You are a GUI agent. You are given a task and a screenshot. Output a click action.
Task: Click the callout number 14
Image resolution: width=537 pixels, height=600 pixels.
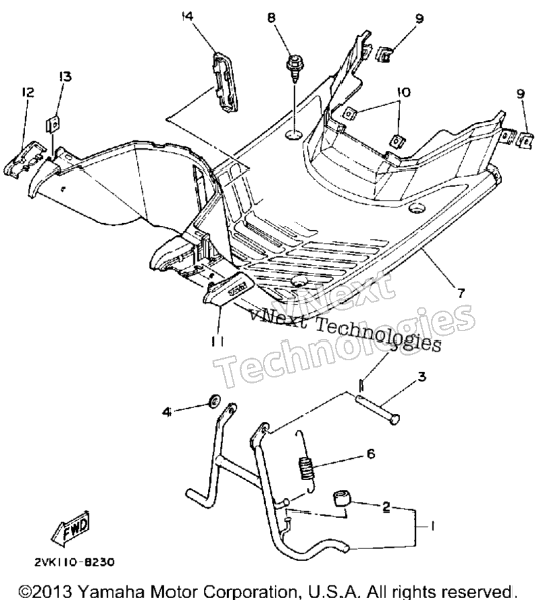pos(187,17)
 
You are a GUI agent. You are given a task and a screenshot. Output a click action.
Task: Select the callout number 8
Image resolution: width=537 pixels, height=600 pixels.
pos(271,18)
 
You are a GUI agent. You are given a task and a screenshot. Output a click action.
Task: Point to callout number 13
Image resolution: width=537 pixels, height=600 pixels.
pos(65,77)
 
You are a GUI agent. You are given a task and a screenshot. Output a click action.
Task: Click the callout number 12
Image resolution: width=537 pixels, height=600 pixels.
pos(28,92)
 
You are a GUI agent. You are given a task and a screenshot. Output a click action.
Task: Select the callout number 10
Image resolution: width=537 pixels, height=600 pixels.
pos(403,92)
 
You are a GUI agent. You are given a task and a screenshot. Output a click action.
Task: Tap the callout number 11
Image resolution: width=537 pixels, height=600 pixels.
pos(217,341)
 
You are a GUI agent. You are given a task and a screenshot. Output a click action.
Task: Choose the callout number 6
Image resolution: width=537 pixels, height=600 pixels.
pos(371,454)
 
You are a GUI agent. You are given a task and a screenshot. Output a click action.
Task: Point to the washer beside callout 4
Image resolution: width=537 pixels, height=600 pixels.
pos(213,401)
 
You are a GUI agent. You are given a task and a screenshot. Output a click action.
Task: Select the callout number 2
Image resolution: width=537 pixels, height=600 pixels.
pos(386,507)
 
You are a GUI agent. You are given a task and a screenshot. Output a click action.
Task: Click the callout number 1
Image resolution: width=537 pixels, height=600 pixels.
pos(432,526)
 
